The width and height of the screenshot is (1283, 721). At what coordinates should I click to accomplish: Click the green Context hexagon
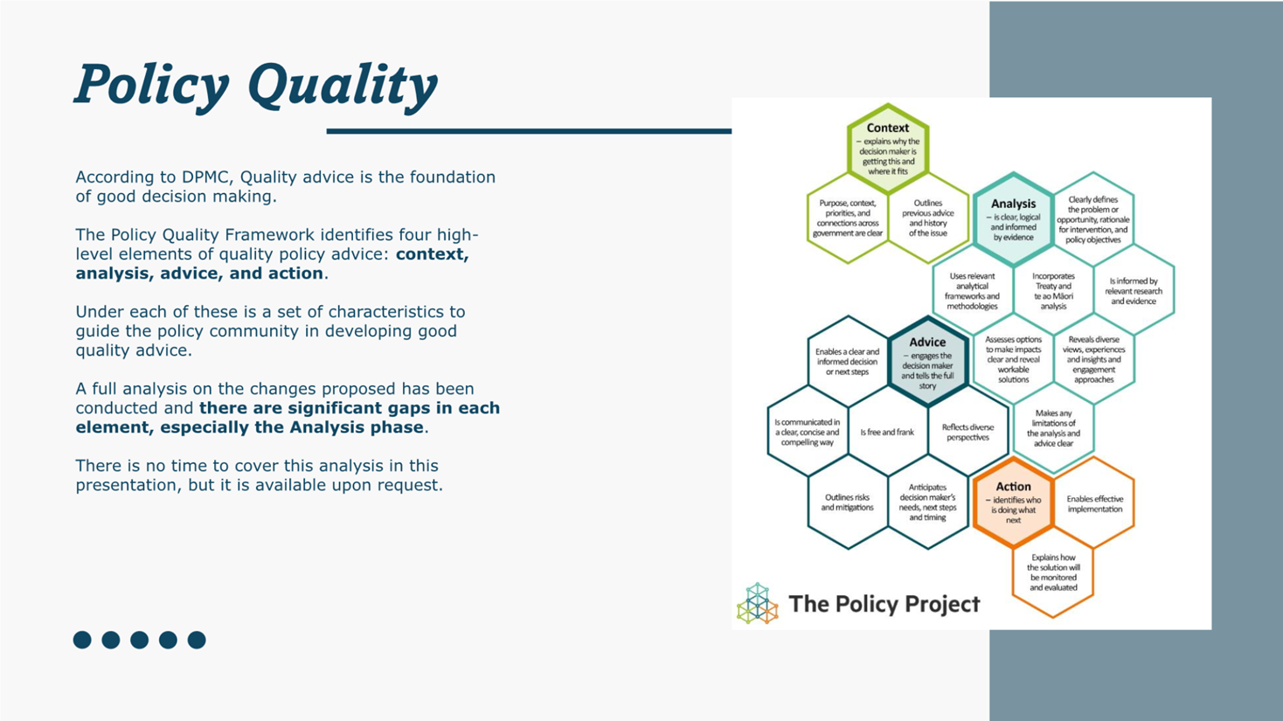pos(888,149)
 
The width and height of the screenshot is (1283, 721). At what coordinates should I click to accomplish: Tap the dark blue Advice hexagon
pos(927,362)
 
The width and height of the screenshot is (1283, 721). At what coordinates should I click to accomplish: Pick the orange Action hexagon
pos(1013,503)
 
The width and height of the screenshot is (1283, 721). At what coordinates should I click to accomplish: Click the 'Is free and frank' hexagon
pos(887,432)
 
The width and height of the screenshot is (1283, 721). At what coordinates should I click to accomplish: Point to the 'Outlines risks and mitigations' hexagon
pos(847,503)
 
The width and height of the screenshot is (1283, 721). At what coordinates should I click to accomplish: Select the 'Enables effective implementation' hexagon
pos(1094,503)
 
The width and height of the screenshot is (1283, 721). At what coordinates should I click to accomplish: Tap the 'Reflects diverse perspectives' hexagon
pos(968,432)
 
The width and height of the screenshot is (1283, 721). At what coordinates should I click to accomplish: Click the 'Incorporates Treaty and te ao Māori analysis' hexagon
pos(1053,291)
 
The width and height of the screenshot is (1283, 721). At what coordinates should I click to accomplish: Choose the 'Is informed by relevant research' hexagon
pos(1134,291)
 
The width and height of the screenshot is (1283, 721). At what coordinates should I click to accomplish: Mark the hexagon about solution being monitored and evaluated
pos(1053,572)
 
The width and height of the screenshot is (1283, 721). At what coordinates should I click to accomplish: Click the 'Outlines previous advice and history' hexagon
pos(928,218)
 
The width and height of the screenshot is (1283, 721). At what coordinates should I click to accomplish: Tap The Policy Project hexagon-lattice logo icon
pos(757,603)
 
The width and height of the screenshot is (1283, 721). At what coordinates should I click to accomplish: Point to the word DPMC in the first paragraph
pos(207,177)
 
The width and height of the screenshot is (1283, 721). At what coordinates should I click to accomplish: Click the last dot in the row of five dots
pos(197,640)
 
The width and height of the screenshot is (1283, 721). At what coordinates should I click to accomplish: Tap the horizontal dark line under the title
pos(529,131)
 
